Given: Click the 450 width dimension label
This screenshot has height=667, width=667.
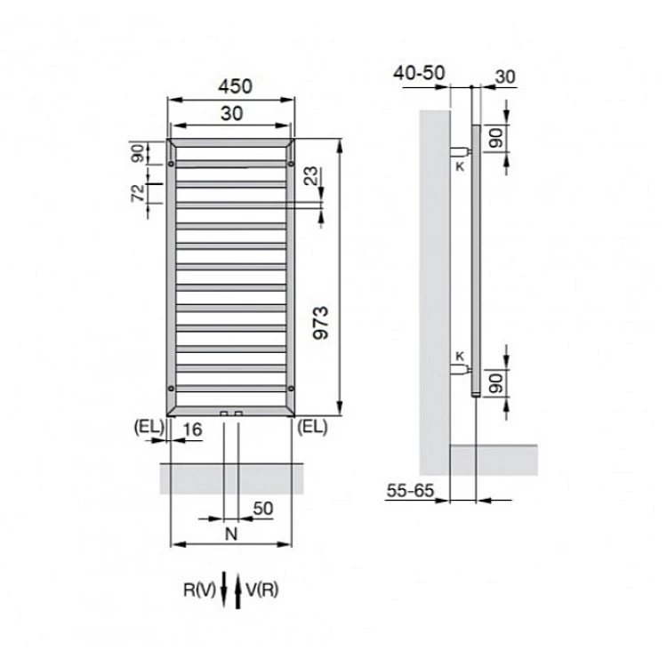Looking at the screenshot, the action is click(x=235, y=86).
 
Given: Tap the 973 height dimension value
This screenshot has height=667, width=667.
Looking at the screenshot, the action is click(x=321, y=323).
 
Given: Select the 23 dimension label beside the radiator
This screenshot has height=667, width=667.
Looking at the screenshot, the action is click(x=311, y=176).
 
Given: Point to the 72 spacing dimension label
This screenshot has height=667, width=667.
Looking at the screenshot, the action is click(x=138, y=193).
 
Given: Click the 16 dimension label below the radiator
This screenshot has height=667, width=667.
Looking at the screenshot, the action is click(x=192, y=430).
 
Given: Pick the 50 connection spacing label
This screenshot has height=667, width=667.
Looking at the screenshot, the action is click(x=263, y=509).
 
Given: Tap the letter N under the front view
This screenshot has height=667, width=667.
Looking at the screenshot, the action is click(x=231, y=534).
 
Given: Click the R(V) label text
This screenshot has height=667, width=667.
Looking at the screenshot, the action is click(x=199, y=590).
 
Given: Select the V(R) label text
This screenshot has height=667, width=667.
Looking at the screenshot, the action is click(x=262, y=590).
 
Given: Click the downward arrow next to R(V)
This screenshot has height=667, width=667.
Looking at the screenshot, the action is click(x=224, y=590).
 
